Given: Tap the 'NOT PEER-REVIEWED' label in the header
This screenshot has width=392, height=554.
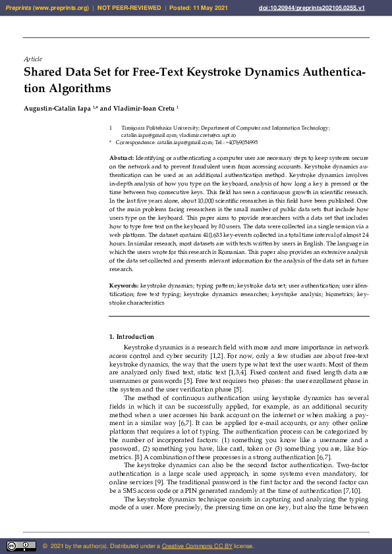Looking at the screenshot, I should (x=130, y=7).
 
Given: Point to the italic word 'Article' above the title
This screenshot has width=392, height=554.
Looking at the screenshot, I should (x=32, y=59).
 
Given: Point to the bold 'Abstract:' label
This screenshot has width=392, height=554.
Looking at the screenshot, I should (x=121, y=159).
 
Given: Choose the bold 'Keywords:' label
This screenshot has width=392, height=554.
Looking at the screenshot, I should (x=124, y=286).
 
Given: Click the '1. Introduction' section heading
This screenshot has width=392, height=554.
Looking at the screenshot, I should (x=132, y=337).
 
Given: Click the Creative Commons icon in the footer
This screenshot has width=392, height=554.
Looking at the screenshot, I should (x=21, y=546).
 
